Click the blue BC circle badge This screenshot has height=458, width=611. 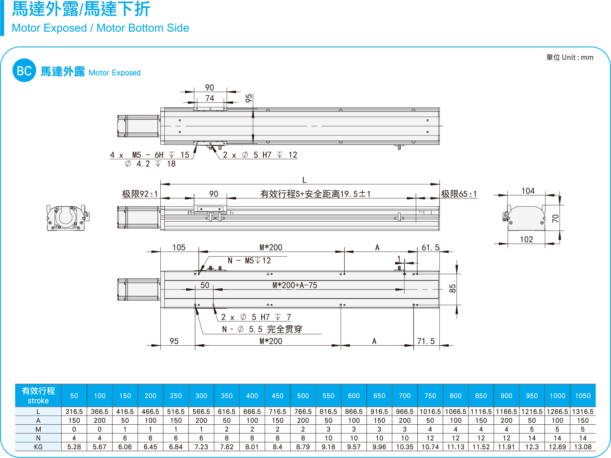coord(24,70)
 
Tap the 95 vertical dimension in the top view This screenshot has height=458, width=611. coord(249,98)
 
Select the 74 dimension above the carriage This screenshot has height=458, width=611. coord(210,98)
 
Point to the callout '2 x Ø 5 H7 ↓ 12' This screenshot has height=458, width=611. coord(260,155)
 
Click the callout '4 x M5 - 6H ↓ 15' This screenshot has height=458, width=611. coord(149,155)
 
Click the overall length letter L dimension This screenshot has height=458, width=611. coord(304,180)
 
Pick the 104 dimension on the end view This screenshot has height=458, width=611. coord(528,191)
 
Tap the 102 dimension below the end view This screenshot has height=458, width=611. coord(527,239)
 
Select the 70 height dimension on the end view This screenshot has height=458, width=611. coord(556,219)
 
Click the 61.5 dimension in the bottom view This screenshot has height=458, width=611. coord(430,247)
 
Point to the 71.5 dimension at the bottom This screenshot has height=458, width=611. coord(426,341)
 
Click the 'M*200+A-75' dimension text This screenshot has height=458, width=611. coord(295,285)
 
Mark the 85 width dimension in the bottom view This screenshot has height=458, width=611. coord(453,289)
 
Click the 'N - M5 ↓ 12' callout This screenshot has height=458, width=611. coord(250,261)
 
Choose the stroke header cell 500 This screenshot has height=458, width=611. coord(303,396)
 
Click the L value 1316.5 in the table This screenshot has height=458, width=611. coord(583,412)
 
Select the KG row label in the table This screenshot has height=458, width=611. coord(38,447)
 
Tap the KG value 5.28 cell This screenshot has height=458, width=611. coord(74,447)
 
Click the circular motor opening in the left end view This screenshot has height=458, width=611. coord(66,217)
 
